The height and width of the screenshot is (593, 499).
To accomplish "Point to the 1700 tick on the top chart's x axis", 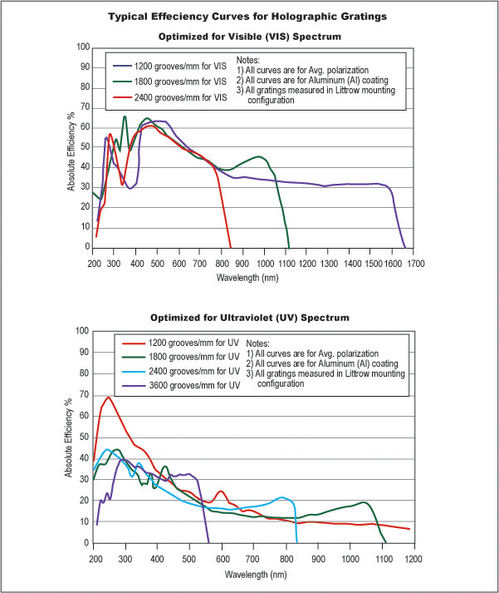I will point(415,263).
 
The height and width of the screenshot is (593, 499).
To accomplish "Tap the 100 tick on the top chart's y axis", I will point(82,47).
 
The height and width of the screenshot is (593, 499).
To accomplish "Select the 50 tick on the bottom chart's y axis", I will point(84,437).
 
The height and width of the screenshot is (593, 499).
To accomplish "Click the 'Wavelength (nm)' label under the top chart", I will point(254,276).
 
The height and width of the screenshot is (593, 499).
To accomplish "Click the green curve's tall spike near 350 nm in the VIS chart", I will point(125,116).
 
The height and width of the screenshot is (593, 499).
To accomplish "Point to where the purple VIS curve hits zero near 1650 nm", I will point(404,247).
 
